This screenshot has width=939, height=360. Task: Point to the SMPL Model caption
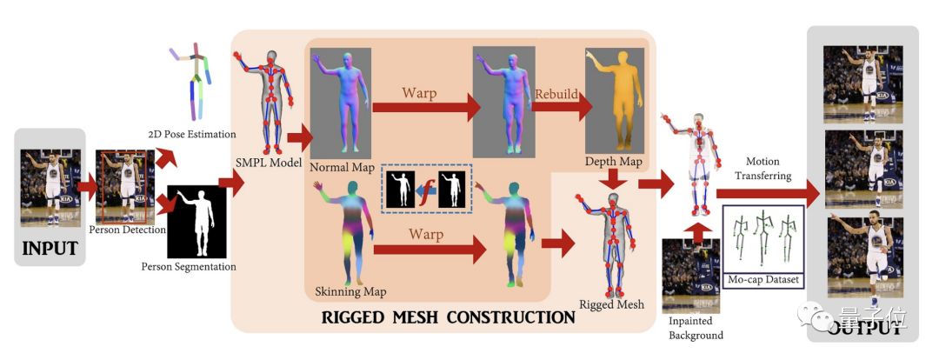264,163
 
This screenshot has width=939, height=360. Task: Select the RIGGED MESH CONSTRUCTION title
448,317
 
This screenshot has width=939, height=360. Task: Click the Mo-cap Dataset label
765,280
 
